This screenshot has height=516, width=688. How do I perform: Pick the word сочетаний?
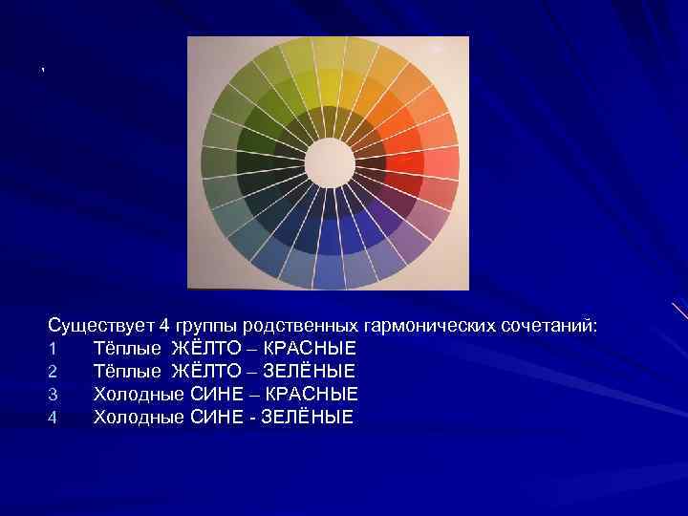(548, 327)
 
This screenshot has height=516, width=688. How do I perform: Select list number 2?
(54, 371)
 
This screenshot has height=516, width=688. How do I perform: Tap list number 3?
(54, 394)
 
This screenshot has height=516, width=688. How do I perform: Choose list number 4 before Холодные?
(54, 417)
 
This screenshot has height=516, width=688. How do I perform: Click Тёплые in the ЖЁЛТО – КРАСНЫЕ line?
(128, 348)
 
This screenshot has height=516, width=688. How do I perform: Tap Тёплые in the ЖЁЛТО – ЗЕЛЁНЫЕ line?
(128, 371)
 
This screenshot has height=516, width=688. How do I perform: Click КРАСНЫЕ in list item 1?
(310, 348)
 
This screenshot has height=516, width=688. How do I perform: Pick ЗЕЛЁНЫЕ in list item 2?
(310, 371)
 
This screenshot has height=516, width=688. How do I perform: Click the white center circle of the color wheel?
(328, 162)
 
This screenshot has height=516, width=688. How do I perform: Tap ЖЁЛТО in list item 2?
(209, 371)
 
